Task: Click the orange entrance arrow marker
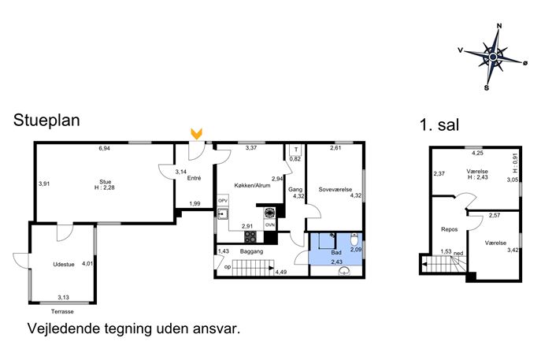tap(196, 134)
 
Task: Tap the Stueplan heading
tap(46, 121)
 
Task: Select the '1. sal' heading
tap(439, 124)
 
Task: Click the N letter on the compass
tap(499, 26)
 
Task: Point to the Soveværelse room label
tap(335, 190)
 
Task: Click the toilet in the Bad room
tap(354, 239)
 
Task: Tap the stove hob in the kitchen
tap(250, 237)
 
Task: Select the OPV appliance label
tap(223, 201)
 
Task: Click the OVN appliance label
tap(270, 225)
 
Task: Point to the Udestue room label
tap(64, 265)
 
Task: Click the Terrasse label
tap(62, 311)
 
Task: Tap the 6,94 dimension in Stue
tap(104, 148)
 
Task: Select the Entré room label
tap(194, 178)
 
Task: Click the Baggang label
tap(251, 251)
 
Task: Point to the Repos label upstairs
tap(449, 229)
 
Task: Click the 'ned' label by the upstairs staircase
tap(458, 254)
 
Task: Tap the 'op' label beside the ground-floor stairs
tap(228, 267)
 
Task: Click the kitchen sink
tap(223, 214)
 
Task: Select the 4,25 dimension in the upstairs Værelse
tap(477, 154)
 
